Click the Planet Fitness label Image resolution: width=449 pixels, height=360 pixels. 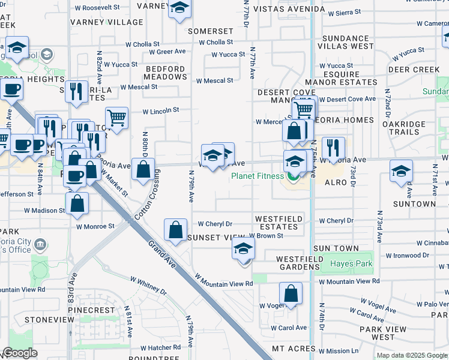[x=257, y=176]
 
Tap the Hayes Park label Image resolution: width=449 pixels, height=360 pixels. [x=351, y=263]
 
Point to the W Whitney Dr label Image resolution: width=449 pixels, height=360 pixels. [x=149, y=285]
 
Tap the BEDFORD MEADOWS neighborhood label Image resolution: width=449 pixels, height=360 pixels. [x=166, y=73]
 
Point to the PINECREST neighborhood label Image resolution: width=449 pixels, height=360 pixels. [x=91, y=311]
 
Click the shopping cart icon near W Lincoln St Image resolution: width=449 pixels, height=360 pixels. [x=117, y=117]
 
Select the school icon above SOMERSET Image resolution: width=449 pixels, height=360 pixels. [x=179, y=9]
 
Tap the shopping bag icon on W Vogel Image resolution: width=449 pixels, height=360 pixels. [x=291, y=294]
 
